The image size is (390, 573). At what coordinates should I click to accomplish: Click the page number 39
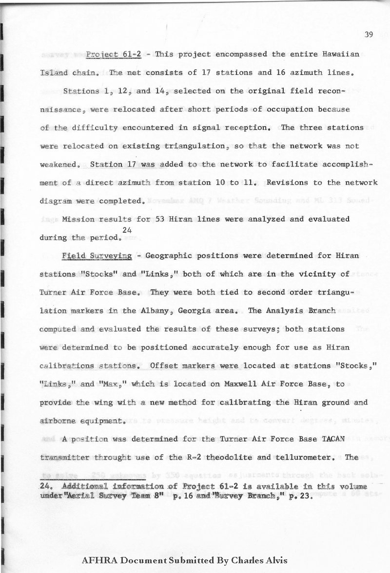[369, 34]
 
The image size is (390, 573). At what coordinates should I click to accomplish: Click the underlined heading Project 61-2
[114, 54]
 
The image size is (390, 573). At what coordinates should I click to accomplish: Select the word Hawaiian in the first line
[341, 54]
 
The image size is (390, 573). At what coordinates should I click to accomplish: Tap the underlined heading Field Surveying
[97, 256]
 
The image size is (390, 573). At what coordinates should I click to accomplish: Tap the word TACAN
[333, 439]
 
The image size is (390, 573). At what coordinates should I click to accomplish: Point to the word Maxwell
[244, 384]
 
